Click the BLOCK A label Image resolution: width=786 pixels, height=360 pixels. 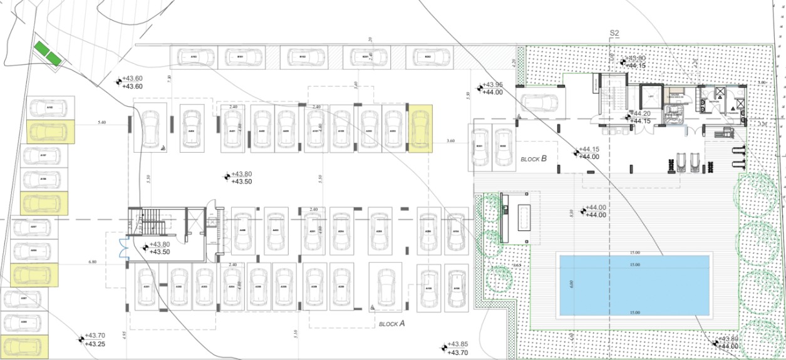pos(392,324)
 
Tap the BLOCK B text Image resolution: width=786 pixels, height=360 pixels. pos(534,159)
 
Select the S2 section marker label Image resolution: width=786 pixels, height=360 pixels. pos(614,33)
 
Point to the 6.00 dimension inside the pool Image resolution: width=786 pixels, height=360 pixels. pos(571,284)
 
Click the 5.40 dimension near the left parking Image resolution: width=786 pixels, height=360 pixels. pos(102,123)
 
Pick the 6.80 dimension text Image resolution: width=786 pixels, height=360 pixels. pos(93,262)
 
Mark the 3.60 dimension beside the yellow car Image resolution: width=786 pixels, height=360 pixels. pos(450,141)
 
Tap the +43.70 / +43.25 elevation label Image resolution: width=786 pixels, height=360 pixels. pos(95,340)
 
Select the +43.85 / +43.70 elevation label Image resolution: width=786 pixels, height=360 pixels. pos(458,348)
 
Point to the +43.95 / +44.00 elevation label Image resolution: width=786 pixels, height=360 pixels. pos(492,88)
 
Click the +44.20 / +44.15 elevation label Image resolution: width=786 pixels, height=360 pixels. pos(640,117)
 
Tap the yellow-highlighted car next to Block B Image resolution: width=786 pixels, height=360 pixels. pos(420,129)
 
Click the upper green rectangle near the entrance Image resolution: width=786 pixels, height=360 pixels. pos(42,48)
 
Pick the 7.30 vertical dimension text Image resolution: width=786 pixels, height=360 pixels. pos(169,78)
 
